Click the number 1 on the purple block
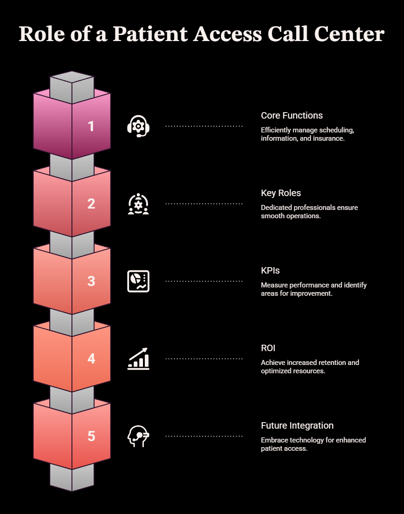(91, 126)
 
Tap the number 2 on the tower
(91, 203)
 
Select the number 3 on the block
(91, 281)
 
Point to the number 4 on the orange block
(91, 359)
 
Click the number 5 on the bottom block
(91, 436)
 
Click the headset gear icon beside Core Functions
(138, 126)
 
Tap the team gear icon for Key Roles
(138, 204)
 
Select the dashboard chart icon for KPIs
(138, 281)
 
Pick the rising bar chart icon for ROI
(138, 359)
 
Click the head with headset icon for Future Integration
(138, 436)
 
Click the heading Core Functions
(291, 115)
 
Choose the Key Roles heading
(281, 193)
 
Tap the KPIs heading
(270, 270)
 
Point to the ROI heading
(268, 348)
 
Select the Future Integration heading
(297, 425)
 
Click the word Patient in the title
(150, 34)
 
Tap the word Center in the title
(349, 34)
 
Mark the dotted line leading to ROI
(204, 359)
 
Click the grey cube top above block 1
(72, 78)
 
